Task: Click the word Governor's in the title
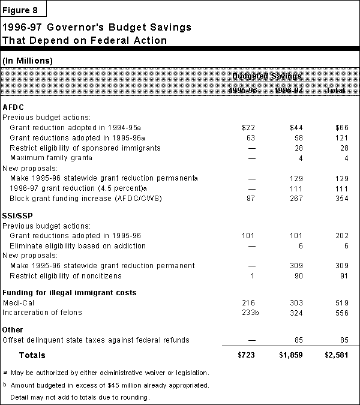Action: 70,28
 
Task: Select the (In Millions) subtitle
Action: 28,61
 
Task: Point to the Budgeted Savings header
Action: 267,76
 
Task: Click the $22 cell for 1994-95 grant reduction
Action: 248,128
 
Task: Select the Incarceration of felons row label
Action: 42,312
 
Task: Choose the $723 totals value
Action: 247,356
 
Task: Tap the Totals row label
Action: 32,356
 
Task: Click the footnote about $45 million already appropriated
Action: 104,385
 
